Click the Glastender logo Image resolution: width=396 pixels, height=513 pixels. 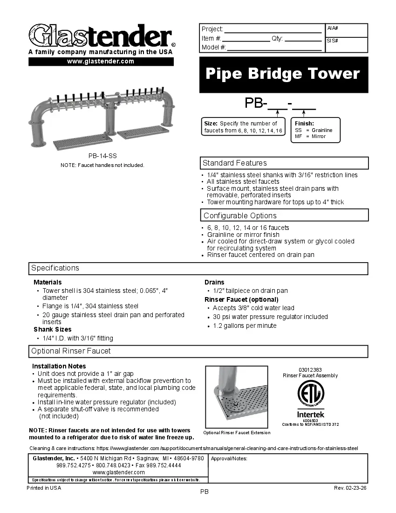point(101,35)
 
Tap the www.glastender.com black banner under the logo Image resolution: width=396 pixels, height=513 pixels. point(101,61)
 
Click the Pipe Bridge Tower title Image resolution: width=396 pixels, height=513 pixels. point(283,74)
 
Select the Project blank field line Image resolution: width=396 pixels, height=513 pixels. point(273,31)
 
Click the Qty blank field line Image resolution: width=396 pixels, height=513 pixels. point(303,41)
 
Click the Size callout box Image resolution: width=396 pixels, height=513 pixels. point(243,127)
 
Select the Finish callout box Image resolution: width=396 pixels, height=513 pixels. point(315,130)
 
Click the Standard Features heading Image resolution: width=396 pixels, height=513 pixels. point(235,163)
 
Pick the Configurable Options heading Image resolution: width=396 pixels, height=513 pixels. point(240,215)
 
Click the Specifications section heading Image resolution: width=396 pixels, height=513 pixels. point(55,268)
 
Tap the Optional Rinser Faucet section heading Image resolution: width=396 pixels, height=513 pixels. point(71,351)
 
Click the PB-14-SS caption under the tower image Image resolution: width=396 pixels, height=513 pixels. point(99,157)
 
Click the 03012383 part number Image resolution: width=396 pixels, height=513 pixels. point(310,370)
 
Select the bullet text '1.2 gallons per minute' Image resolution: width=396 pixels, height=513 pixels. point(245,326)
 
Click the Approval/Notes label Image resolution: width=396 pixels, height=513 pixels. point(229,458)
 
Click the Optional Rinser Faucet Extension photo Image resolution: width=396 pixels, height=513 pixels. point(237,397)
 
